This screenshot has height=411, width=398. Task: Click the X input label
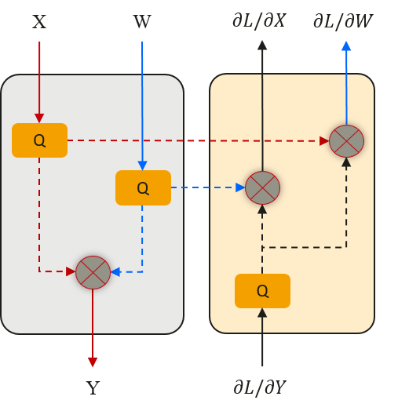pyautogui.click(x=39, y=21)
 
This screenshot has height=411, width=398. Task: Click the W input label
pyautogui.click(x=142, y=21)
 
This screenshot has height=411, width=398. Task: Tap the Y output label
pyautogui.click(x=93, y=388)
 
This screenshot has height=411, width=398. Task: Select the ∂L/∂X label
pyautogui.click(x=258, y=20)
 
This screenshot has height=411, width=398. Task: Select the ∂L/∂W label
pyautogui.click(x=343, y=20)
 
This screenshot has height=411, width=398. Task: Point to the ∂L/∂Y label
pyautogui.click(x=259, y=387)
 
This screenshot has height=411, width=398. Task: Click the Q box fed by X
pyautogui.click(x=39, y=140)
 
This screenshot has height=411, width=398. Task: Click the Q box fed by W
pyautogui.click(x=143, y=187)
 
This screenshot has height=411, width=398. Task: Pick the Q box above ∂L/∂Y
pyautogui.click(x=262, y=291)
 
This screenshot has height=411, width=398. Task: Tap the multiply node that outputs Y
pyautogui.click(x=93, y=272)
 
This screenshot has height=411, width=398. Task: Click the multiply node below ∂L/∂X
pyautogui.click(x=262, y=187)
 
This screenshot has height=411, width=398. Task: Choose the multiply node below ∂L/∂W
pyautogui.click(x=346, y=141)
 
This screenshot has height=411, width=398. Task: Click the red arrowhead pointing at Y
pyautogui.click(x=93, y=362)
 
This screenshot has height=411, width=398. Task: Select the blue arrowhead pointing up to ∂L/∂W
pyautogui.click(x=346, y=46)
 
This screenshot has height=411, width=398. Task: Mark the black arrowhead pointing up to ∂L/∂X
pyautogui.click(x=262, y=46)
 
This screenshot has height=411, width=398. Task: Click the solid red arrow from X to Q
pyautogui.click(x=39, y=78)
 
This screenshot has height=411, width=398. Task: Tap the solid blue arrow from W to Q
pyautogui.click(x=142, y=102)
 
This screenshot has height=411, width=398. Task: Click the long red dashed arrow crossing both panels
pyautogui.click(x=196, y=141)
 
